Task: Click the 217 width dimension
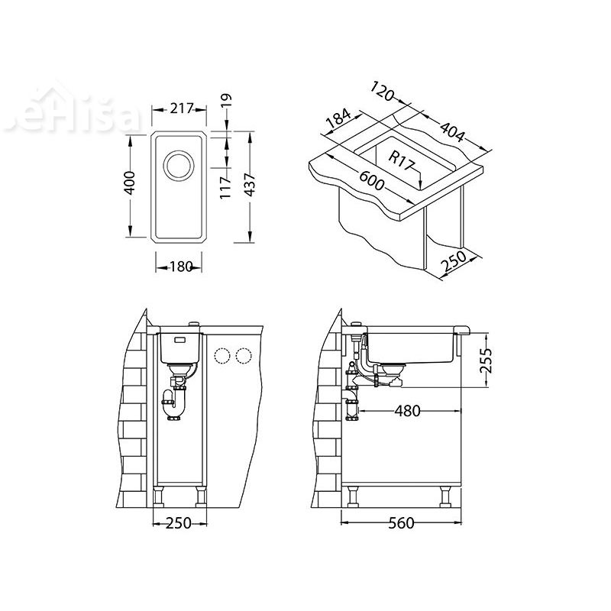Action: coord(180,109)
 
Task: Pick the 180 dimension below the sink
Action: coord(179,267)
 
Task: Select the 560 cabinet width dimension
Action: coord(399,523)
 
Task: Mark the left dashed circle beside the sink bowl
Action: coord(224,355)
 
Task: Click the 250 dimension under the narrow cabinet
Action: coord(180,523)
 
